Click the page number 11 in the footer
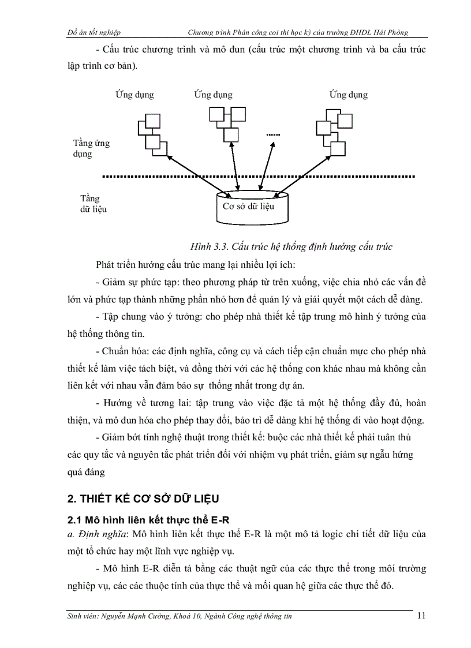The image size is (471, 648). click(x=421, y=616)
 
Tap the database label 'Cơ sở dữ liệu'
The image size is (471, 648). click(x=248, y=207)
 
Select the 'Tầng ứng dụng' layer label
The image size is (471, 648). click(x=91, y=148)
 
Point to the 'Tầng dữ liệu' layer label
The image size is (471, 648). click(x=93, y=204)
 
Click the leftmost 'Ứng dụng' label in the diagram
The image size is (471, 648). click(x=134, y=95)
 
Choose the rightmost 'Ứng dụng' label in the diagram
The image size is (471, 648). click(x=349, y=95)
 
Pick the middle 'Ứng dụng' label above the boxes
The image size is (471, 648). click(x=213, y=95)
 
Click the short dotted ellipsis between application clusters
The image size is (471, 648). click(x=272, y=135)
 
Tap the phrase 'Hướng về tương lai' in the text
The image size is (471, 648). click(x=139, y=403)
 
